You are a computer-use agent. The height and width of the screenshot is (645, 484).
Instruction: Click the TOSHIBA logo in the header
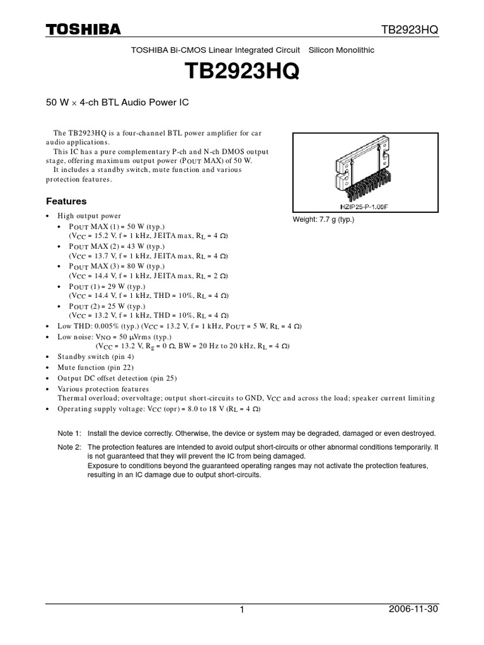click(83, 29)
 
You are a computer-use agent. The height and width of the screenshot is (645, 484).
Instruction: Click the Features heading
click(66, 202)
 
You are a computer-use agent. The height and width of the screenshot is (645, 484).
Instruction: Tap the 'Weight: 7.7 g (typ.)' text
click(324, 220)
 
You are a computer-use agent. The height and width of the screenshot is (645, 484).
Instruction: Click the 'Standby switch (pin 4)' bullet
click(96, 357)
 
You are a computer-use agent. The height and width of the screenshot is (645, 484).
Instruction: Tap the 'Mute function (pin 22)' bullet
click(96, 367)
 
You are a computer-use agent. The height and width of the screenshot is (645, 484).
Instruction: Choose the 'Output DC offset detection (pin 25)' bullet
click(117, 378)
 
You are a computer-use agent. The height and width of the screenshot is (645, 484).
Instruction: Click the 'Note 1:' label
click(69, 434)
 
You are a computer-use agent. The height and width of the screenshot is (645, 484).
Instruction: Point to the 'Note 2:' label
click(69, 447)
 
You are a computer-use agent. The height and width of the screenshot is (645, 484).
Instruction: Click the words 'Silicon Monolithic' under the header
click(341, 50)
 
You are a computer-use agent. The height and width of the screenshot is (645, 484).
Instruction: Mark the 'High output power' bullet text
click(89, 215)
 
